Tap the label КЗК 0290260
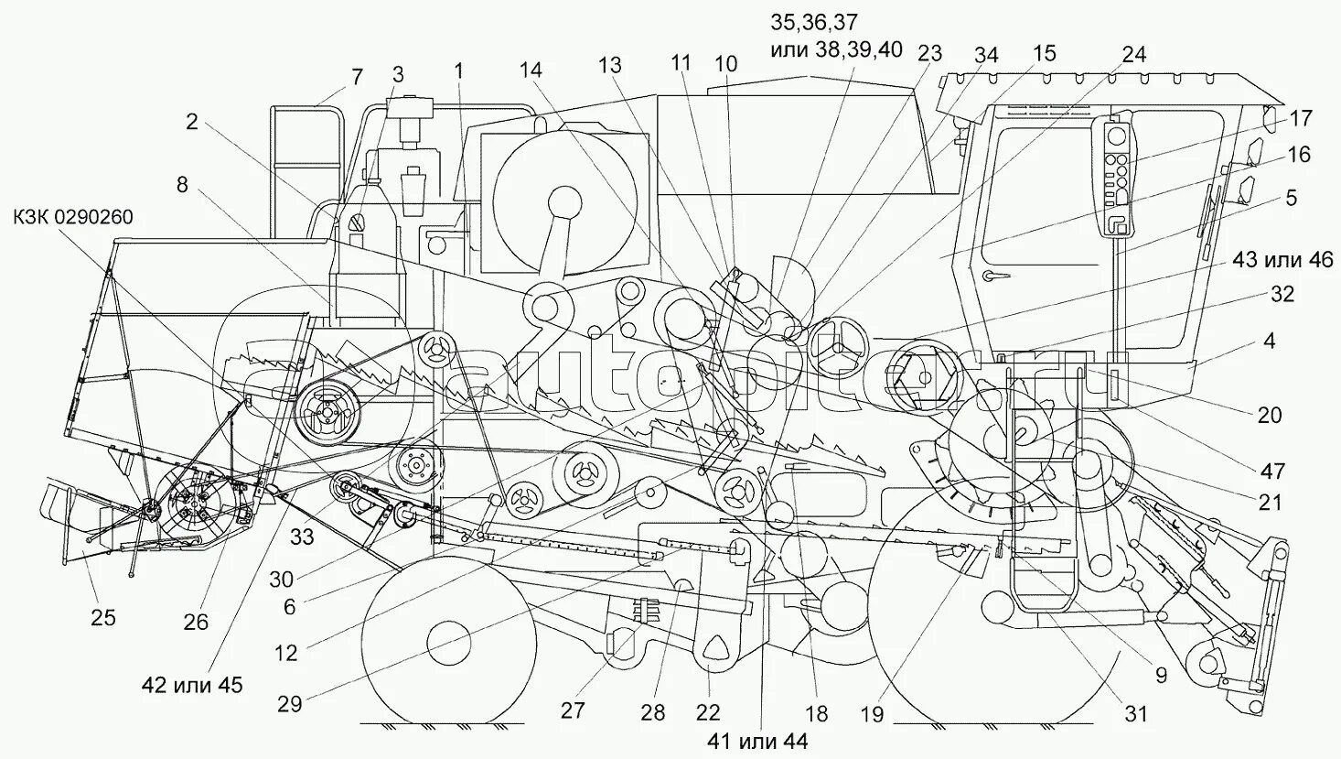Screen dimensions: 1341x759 coord(73,217)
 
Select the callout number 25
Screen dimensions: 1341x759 coord(102,618)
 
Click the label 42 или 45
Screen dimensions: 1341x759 coord(192,684)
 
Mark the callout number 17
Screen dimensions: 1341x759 coord(1301,118)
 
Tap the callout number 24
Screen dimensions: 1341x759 coord(1133,55)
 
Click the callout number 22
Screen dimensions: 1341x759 coord(707,713)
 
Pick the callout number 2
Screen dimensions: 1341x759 coord(191,122)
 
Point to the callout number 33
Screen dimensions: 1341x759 coord(302,536)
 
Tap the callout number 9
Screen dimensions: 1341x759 coord(1160,677)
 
